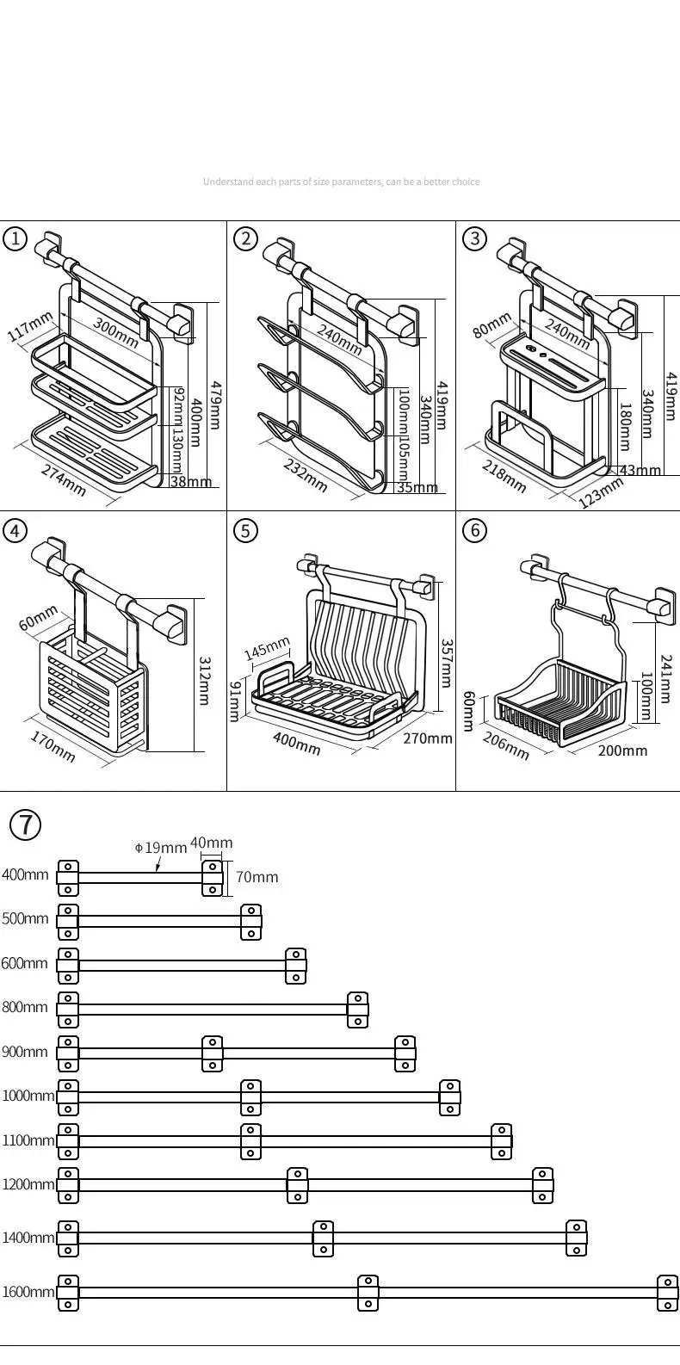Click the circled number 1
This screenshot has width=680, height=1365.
click(15, 238)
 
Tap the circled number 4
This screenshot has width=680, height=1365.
click(15, 530)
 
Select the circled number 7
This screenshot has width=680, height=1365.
click(25, 825)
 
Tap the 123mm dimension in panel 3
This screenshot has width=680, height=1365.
click(600, 493)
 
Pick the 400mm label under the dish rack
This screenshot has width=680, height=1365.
click(297, 743)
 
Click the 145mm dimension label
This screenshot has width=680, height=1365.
click(267, 650)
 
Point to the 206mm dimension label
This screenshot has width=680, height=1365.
click(505, 745)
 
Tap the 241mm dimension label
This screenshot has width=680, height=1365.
click(665, 679)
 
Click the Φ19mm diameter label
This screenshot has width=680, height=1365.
click(161, 848)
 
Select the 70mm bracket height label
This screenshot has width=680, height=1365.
click(257, 877)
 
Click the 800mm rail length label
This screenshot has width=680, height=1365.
click(25, 1007)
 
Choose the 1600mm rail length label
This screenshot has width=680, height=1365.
click(28, 1292)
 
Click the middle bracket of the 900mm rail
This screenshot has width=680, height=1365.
click(212, 1053)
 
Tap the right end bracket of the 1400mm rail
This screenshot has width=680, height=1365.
click(576, 1238)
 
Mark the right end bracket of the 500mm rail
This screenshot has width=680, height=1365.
click(250, 921)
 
